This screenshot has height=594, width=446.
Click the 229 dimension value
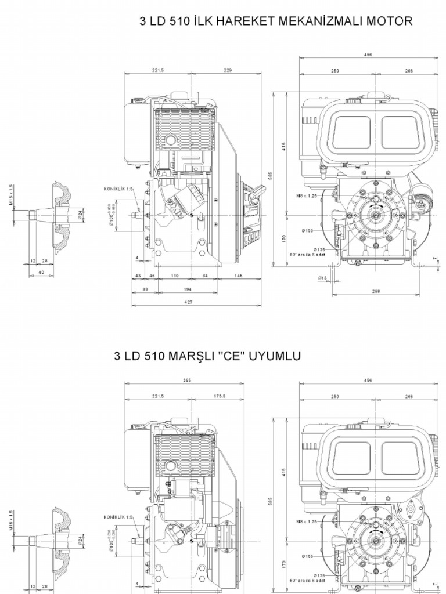227,70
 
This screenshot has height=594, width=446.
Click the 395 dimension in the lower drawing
187,381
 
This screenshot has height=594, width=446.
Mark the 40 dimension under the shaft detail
41,272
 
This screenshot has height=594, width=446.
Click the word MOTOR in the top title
394,22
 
